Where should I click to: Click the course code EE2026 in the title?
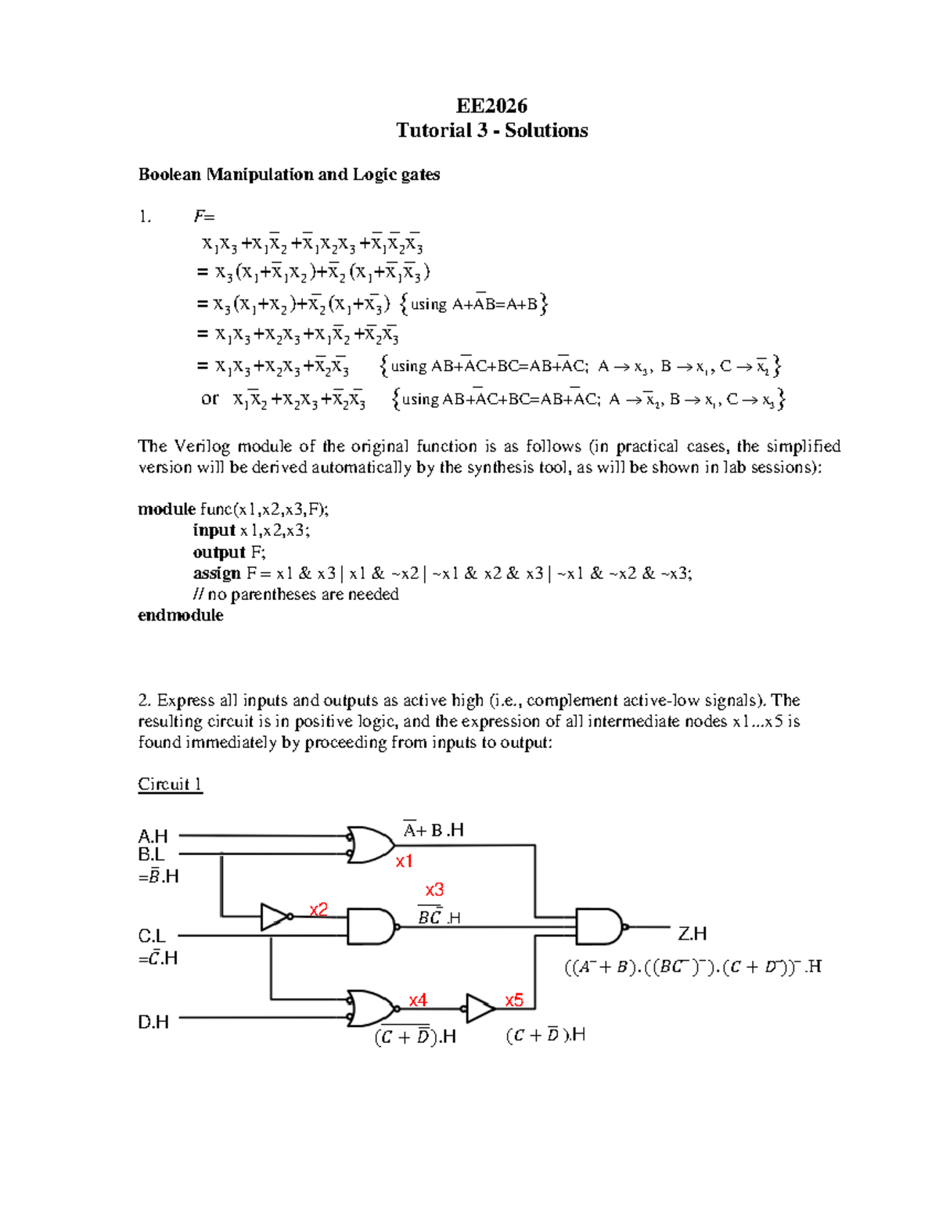pyautogui.click(x=491, y=106)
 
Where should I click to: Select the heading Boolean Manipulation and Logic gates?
pyautogui.click(x=289, y=174)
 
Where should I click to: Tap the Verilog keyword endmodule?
pyautogui.click(x=181, y=616)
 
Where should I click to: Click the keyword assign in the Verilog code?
pyautogui.click(x=217, y=573)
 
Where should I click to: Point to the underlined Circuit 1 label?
pyautogui.click(x=170, y=784)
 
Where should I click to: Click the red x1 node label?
pyautogui.click(x=404, y=861)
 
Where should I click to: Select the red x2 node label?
pyautogui.click(x=318, y=909)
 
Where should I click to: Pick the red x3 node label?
pyautogui.click(x=434, y=890)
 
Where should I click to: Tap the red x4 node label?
pyautogui.click(x=418, y=1000)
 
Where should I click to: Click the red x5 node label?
pyautogui.click(x=514, y=1000)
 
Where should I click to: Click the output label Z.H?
pyautogui.click(x=692, y=933)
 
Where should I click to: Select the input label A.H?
pyautogui.click(x=153, y=836)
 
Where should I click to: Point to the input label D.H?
pyautogui.click(x=153, y=1022)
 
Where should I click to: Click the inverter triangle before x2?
pyautogui.click(x=274, y=916)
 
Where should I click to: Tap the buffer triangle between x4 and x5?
pyautogui.click(x=479, y=1008)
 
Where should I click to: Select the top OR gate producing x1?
pyautogui.click(x=370, y=845)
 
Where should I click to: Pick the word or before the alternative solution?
pyautogui.click(x=210, y=399)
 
